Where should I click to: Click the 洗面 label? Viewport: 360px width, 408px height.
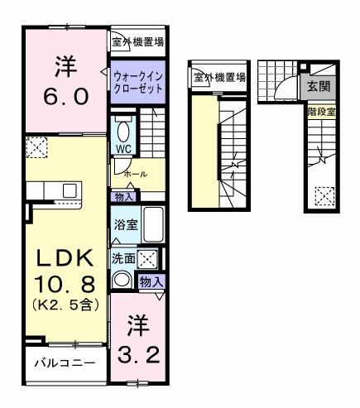124,257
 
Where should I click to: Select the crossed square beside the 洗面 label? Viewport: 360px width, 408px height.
148,258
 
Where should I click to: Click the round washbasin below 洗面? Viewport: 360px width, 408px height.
122,280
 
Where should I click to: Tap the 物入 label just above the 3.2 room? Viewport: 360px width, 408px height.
151,281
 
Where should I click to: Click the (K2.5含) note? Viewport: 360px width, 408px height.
65,305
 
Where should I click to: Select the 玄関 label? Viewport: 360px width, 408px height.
318,85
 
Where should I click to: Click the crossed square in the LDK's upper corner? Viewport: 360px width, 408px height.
36,147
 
